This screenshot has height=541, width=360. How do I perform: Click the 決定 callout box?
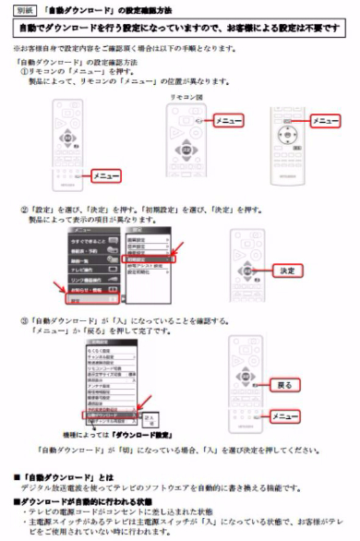(286, 270)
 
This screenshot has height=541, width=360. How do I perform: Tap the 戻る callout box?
(285, 383)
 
